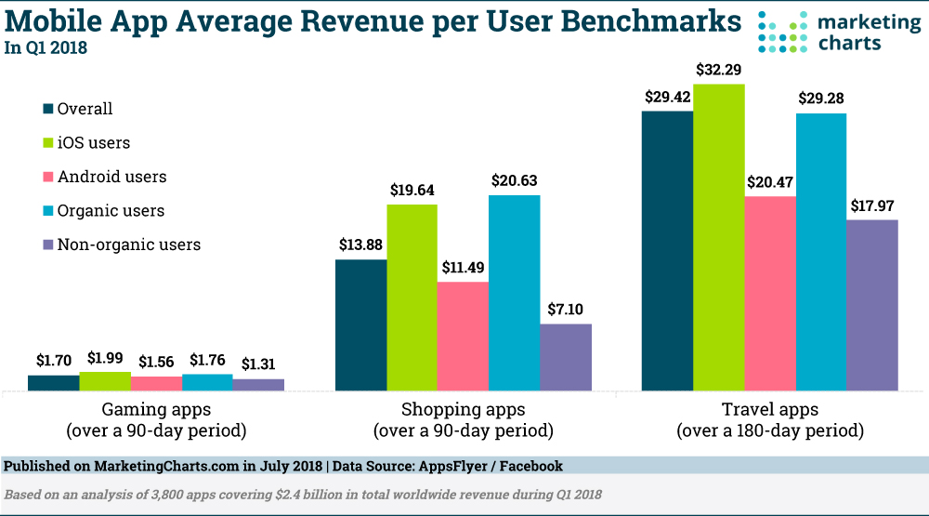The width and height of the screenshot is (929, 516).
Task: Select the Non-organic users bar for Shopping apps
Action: pyautogui.click(x=566, y=357)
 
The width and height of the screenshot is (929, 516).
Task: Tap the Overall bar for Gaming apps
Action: pyautogui.click(x=54, y=382)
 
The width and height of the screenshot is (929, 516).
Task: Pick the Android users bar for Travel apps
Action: pyautogui.click(x=770, y=293)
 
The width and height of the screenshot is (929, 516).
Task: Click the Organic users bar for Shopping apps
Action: pyautogui.click(x=515, y=293)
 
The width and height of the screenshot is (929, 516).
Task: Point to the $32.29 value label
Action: pyautogui.click(x=719, y=70)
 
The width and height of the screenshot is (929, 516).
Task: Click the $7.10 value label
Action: pyautogui.click(x=566, y=310)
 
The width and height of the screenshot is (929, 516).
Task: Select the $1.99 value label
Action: pyautogui.click(x=105, y=358)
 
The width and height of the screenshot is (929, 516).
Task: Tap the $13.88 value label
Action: pyautogui.click(x=360, y=245)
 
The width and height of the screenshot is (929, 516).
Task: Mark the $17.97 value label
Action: pyautogui.click(x=872, y=205)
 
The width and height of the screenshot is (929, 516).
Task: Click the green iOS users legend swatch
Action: pyautogui.click(x=48, y=143)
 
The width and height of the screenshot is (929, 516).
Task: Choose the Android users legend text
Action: pyautogui.click(x=112, y=177)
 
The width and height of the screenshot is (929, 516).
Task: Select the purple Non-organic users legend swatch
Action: pyautogui.click(x=48, y=245)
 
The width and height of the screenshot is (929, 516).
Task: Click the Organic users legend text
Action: pyautogui.click(x=111, y=211)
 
